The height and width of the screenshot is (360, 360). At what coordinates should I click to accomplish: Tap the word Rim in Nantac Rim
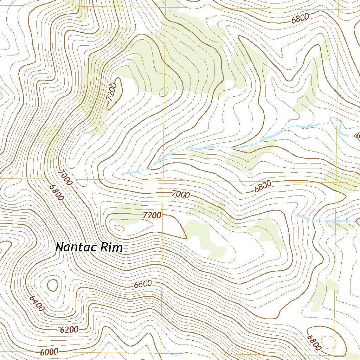pos(112,247)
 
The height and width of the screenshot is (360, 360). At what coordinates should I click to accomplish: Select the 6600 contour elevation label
pos(143,284)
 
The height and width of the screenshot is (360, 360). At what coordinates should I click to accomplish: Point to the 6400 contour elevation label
pos(37,303)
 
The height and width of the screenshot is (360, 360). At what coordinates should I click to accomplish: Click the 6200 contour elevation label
pos(69,330)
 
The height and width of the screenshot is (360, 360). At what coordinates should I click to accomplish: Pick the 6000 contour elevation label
pos(49,352)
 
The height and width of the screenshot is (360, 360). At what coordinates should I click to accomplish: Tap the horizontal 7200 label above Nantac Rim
pos(152,215)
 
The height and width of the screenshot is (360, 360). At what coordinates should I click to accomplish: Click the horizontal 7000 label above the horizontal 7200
pos(181,194)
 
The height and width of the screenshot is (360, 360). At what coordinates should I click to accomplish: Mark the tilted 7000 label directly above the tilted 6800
pos(65,178)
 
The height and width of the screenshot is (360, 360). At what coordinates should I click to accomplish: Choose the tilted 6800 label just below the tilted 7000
pos(57,193)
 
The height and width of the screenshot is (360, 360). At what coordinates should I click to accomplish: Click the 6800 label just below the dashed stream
pos(263,186)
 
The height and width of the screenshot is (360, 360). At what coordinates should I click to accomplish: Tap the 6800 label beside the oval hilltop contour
pos(314,342)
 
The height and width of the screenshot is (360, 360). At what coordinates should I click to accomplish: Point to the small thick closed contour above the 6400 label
pos(52,285)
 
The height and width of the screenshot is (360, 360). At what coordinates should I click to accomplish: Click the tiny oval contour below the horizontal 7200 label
pos(120,228)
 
